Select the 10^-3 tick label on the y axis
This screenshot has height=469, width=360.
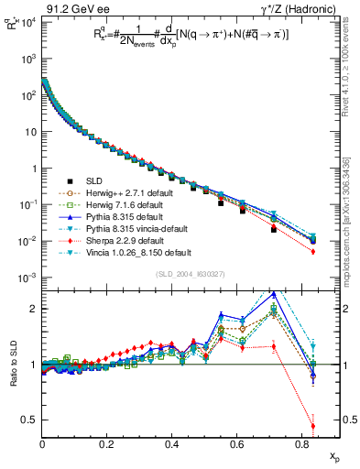tap(27, 278)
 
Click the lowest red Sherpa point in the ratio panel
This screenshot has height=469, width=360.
tap(313, 425)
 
